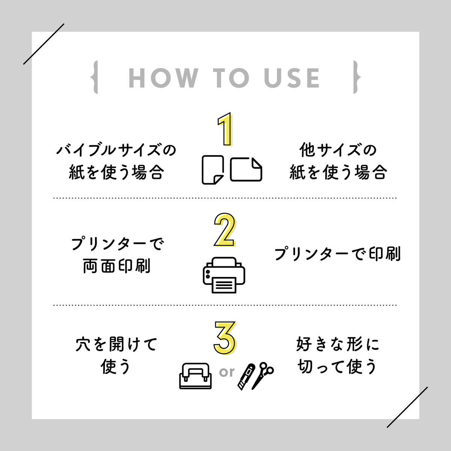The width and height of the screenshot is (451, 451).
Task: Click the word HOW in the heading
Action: pos(163,78)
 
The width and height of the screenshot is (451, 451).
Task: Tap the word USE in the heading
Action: pos(292,78)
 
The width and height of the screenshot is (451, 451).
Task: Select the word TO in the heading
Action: pos(231,78)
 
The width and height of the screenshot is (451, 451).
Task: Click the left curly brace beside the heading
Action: pos(94,77)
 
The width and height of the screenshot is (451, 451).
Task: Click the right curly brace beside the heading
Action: pos(357,77)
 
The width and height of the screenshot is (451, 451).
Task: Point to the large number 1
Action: pos(225,129)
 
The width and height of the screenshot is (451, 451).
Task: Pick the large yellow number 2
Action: pos(225,230)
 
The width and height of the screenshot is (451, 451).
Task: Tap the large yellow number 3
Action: pos(225,338)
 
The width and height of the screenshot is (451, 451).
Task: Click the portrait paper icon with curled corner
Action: pos(213,170)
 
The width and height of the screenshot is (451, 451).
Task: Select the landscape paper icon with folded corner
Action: pos(246,170)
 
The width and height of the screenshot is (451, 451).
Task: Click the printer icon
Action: pos(224,275)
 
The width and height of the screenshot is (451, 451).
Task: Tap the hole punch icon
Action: pos(195,376)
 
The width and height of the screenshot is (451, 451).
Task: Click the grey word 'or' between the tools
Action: pos(227,372)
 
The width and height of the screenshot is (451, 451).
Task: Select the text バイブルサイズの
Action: pos(116,150)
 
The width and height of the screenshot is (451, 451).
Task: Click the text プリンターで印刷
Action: pos(337,254)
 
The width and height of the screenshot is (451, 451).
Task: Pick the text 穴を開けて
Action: pos(116,344)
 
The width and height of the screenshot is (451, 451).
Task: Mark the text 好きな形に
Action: pos(337,344)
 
